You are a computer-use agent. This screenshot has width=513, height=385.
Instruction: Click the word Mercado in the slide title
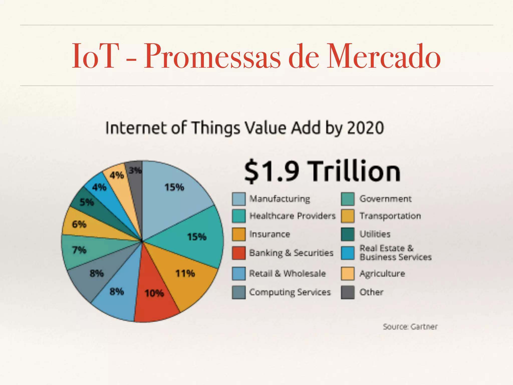click(383, 56)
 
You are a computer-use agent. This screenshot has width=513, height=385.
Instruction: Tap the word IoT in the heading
click(95, 56)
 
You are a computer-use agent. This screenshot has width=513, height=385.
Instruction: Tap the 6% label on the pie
click(79, 224)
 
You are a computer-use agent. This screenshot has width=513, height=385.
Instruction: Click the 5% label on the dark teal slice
click(87, 202)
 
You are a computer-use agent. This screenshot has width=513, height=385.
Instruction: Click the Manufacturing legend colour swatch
click(238, 199)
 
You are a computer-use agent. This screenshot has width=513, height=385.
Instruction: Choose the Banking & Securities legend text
click(291, 253)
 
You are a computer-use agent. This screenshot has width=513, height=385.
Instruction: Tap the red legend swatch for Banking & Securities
click(238, 253)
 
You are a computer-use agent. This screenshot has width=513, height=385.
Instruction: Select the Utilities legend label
click(375, 234)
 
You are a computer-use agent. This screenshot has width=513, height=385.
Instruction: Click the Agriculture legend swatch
click(348, 273)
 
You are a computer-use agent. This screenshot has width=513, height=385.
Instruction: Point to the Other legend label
click(371, 292)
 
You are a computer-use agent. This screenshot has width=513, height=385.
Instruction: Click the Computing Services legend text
click(290, 292)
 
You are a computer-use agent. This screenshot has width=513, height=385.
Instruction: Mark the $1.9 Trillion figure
click(322, 171)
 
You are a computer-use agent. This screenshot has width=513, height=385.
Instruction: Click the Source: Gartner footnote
click(410, 327)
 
